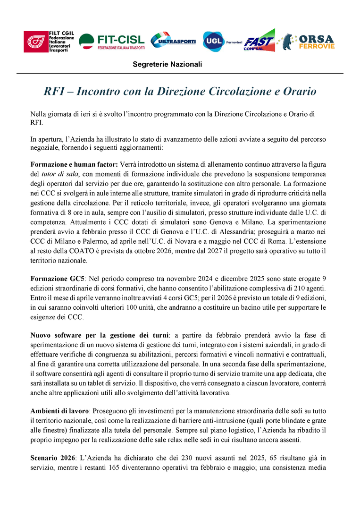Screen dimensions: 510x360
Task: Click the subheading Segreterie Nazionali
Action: click(167, 64)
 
